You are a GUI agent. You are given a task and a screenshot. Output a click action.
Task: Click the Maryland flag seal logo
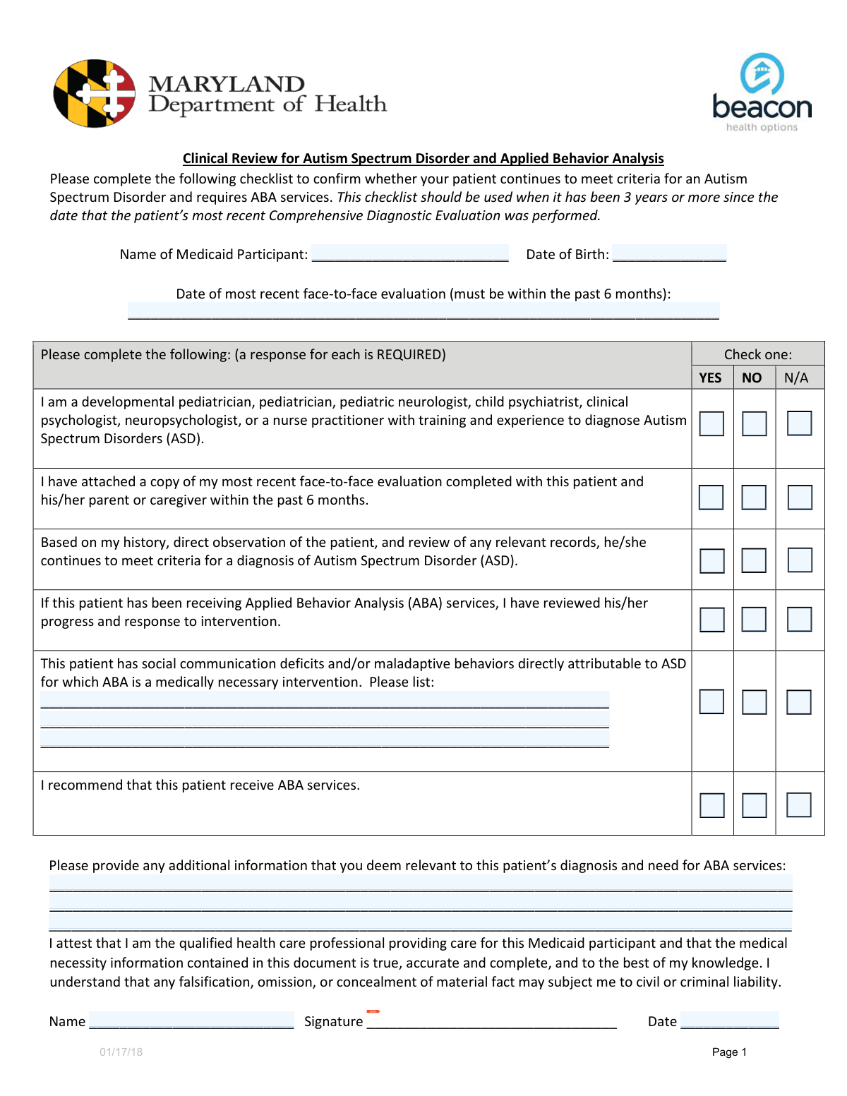coord(95,94)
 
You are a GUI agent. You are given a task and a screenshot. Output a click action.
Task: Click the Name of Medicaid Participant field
coord(410,253)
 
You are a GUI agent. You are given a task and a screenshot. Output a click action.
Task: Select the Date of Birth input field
coord(669,253)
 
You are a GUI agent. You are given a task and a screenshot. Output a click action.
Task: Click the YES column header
coord(710,378)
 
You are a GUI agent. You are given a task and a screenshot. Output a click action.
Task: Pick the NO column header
coord(752,378)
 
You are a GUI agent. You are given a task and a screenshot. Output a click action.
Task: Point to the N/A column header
coord(796,378)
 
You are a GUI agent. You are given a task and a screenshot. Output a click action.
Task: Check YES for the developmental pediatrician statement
coord(711,423)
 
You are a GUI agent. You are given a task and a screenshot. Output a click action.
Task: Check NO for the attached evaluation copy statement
coord(754,497)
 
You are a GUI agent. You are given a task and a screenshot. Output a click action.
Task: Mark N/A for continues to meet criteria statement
coord(800,560)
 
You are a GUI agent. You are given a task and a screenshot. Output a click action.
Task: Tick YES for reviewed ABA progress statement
coord(711,620)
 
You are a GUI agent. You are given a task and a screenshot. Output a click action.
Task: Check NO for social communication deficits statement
coord(754,701)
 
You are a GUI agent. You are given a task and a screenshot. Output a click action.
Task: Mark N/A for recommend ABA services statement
coord(799,805)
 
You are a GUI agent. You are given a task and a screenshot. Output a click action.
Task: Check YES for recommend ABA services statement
coord(711,805)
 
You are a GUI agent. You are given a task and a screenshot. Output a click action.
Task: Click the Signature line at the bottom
coord(492,1020)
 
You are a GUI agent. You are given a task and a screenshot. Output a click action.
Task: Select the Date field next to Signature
coord(730,1020)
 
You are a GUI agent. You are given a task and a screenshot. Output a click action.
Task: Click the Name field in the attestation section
coord(191,1020)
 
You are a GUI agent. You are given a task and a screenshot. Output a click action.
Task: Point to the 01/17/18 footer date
coord(121,1052)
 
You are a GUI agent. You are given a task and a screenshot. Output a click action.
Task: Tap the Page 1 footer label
coord(729,1052)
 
